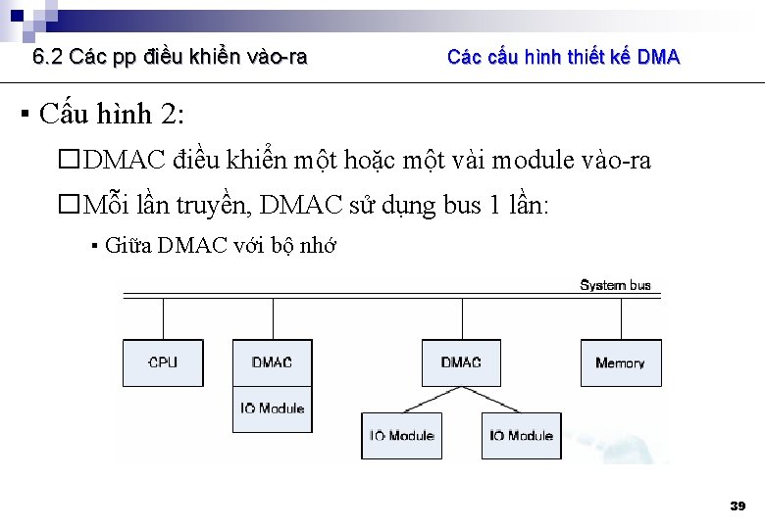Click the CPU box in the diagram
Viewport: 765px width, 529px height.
[x=163, y=362]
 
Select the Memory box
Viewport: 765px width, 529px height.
[x=620, y=362]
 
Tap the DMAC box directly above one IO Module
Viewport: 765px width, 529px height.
[x=272, y=362]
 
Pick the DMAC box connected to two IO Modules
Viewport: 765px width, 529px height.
[x=461, y=362]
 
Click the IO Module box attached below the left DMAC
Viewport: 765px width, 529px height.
[x=272, y=409]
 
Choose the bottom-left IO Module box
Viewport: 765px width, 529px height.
[x=401, y=435]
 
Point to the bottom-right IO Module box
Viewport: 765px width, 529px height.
[x=521, y=435]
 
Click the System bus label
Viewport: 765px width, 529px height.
[x=615, y=285]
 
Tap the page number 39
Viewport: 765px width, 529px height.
[x=738, y=505]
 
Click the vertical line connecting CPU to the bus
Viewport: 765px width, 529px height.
[x=163, y=317]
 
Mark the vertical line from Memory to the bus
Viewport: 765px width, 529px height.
[x=620, y=317]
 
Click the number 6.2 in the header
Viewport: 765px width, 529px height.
[x=48, y=57]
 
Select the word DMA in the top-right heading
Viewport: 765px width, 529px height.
[x=658, y=57]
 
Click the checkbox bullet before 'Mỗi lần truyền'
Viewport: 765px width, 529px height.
[x=68, y=206]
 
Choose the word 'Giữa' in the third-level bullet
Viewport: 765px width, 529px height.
[x=127, y=246]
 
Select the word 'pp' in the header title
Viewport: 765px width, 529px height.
[x=126, y=58]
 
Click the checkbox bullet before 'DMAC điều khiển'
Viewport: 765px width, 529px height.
[x=68, y=161]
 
